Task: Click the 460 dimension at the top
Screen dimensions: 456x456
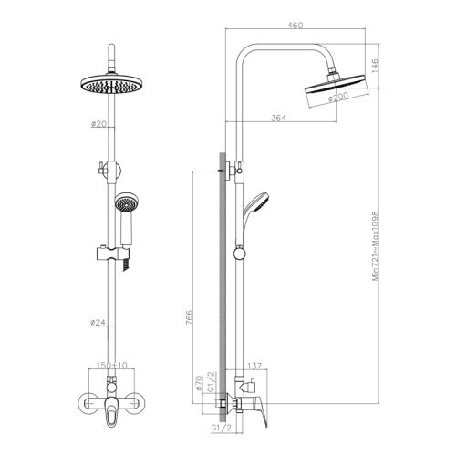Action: coord(295,25)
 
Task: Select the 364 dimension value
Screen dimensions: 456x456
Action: coord(279,118)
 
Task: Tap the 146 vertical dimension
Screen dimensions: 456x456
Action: coord(375,66)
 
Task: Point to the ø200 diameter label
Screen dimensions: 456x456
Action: coord(338,98)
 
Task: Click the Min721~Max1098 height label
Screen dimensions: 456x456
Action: coord(376,246)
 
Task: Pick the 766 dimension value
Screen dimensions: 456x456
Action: coord(189,317)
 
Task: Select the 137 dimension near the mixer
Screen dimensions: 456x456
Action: coord(254,366)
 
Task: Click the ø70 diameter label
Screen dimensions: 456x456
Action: coord(199,383)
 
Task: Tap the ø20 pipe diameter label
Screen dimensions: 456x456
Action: coord(98,124)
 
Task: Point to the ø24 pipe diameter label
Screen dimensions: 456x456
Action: coord(98,323)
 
